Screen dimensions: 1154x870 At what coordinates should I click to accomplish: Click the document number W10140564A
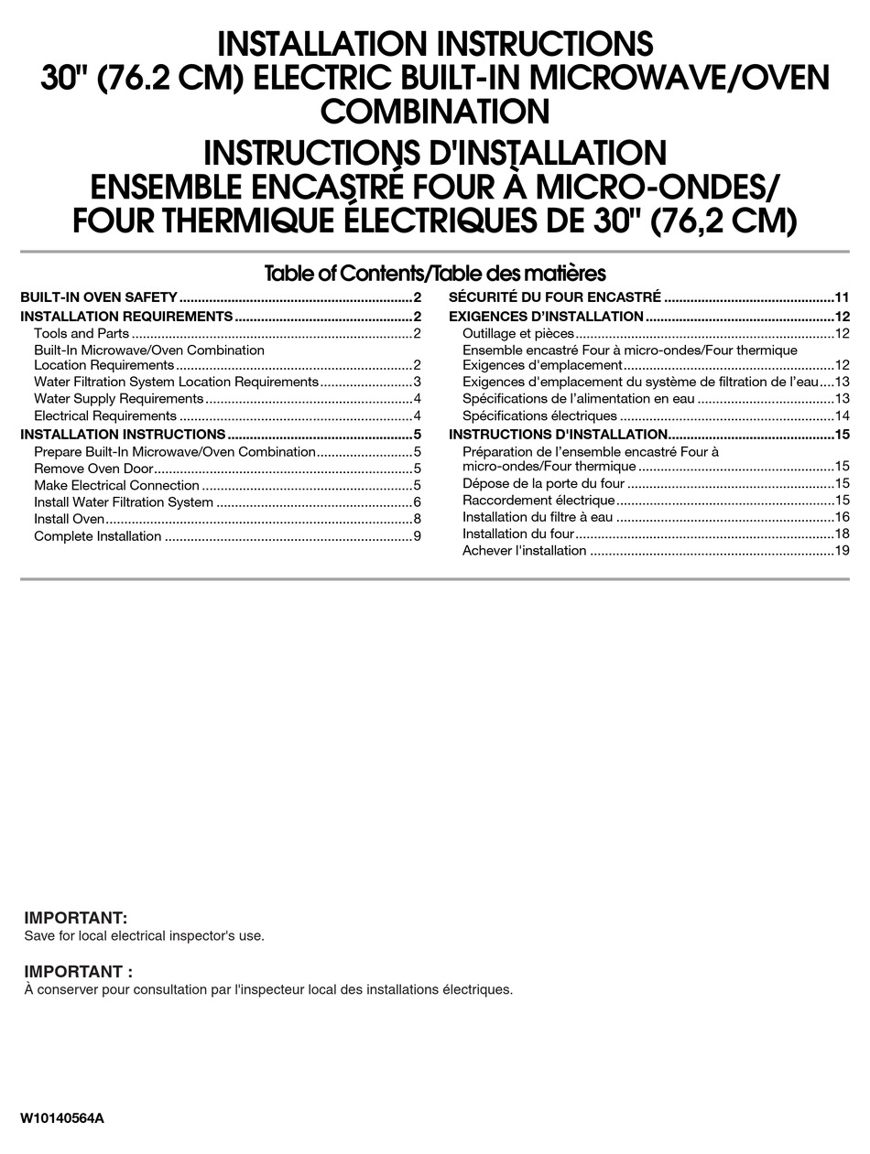[62, 1118]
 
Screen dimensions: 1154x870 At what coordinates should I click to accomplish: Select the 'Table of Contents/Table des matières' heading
[435, 273]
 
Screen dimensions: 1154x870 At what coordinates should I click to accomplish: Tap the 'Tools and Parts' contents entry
[82, 333]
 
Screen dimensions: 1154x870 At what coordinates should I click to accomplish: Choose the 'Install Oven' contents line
[70, 519]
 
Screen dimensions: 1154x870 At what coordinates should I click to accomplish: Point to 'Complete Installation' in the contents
[98, 536]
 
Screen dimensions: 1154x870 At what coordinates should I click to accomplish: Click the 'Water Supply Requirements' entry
[119, 399]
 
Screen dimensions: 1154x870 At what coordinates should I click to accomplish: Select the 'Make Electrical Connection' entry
[116, 485]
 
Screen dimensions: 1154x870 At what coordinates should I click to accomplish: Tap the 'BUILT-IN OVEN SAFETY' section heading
[99, 297]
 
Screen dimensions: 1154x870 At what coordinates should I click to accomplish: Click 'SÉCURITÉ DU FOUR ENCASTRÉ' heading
[555, 297]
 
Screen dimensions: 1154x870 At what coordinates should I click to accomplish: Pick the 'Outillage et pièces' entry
[518, 333]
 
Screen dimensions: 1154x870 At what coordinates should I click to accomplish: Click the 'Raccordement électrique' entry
[538, 500]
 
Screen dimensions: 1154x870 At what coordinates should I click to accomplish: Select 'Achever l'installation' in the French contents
[525, 550]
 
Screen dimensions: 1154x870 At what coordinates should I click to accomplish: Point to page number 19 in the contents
[842, 550]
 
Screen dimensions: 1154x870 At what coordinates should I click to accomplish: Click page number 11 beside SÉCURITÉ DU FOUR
[842, 297]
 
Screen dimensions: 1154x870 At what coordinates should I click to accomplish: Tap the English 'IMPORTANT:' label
[76, 918]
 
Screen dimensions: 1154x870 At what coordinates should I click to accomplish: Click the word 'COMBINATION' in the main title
[435, 112]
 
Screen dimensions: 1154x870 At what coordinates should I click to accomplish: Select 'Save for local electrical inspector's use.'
[144, 935]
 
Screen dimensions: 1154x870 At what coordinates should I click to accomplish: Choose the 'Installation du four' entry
[518, 534]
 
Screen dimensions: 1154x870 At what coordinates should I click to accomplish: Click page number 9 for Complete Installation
[417, 536]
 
